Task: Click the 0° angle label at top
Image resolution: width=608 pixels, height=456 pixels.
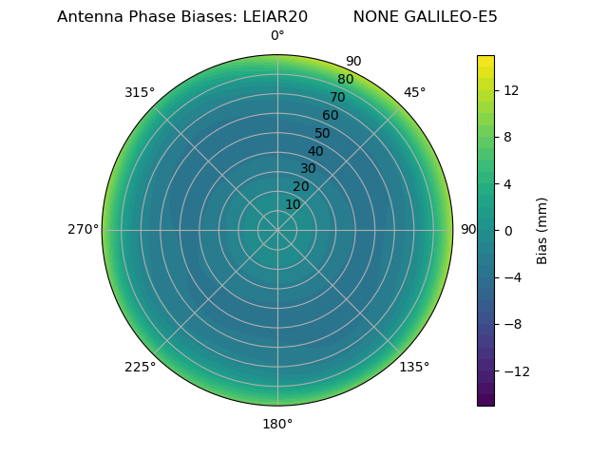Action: [x=277, y=36]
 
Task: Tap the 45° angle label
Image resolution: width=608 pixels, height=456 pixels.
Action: [x=415, y=92]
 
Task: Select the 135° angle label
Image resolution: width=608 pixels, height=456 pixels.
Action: [x=414, y=367]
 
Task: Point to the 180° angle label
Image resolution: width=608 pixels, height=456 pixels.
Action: [x=277, y=424]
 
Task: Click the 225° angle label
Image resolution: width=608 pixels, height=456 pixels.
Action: [x=140, y=367]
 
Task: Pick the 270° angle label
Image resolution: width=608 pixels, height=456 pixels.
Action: [x=83, y=229]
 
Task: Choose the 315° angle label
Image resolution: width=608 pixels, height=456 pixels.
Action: [x=140, y=92]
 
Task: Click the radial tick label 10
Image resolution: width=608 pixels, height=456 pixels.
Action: [x=293, y=204]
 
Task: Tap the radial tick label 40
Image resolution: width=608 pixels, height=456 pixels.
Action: [x=315, y=151]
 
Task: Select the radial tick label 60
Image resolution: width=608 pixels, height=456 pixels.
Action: [x=331, y=115]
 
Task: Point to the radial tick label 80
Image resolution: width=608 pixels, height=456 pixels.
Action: [x=346, y=79]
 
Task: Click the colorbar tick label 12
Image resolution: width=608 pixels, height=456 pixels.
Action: [x=510, y=90]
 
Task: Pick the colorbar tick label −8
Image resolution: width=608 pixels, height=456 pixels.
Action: [x=513, y=324]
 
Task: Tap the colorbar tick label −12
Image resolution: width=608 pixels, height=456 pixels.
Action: [x=516, y=370]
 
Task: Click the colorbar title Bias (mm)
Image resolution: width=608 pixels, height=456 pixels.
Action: [x=542, y=230]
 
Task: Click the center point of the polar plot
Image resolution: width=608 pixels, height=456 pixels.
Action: [x=277, y=230]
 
